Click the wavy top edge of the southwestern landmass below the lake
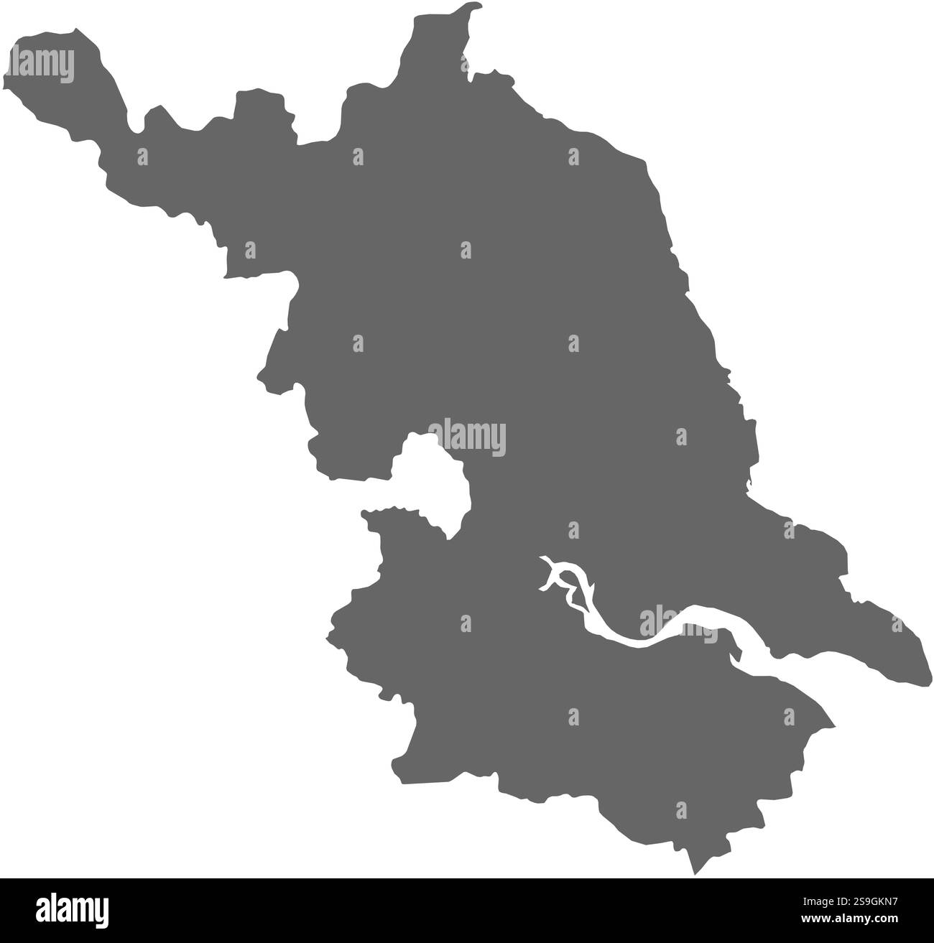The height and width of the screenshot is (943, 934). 395,510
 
